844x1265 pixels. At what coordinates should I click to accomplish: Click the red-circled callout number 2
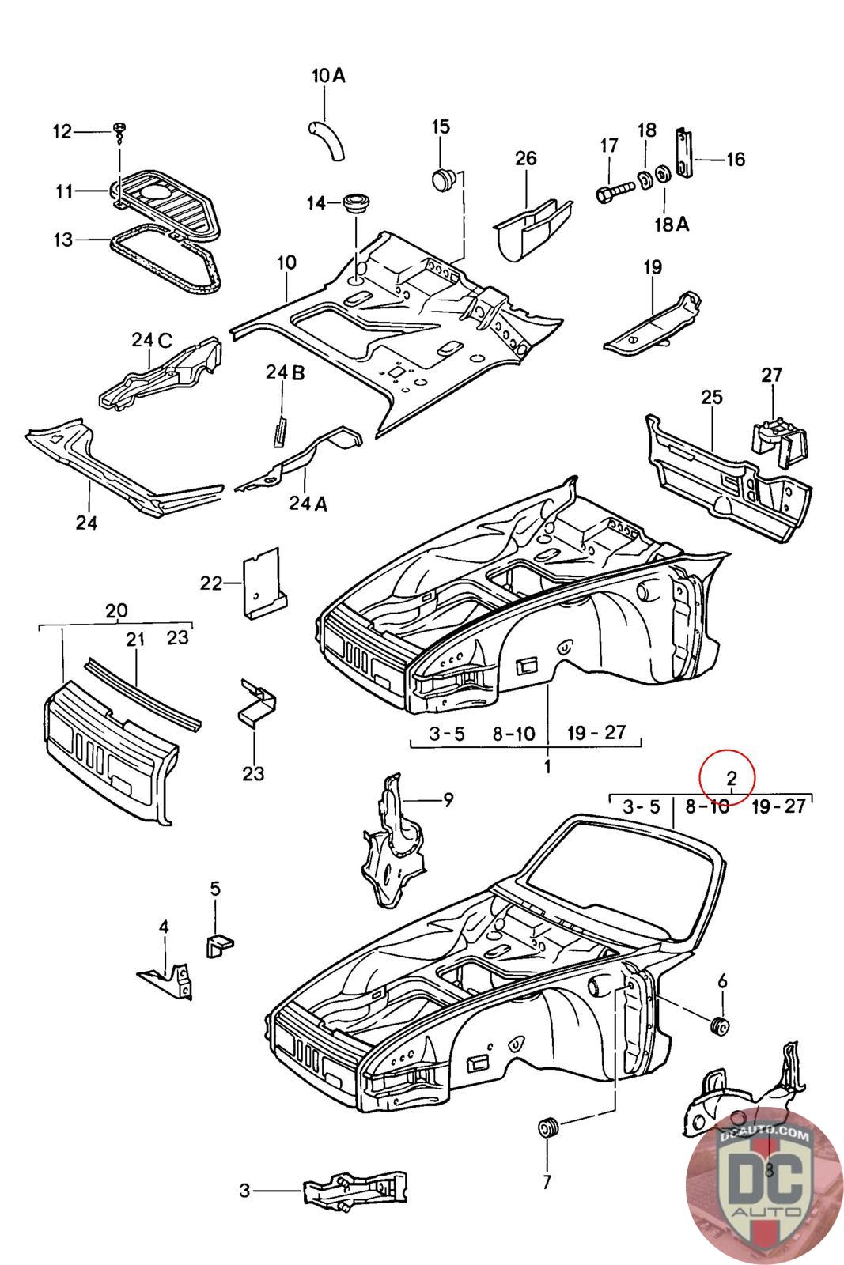pyautogui.click(x=732, y=779)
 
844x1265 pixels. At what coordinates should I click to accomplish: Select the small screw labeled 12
pyautogui.click(x=119, y=133)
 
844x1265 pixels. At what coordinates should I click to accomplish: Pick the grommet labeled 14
pyautogui.click(x=356, y=202)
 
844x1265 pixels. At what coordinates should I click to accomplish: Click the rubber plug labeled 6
pyautogui.click(x=719, y=1025)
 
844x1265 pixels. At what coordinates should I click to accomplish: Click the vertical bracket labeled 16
pyautogui.click(x=684, y=153)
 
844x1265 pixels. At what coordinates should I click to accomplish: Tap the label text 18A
pyautogui.click(x=672, y=225)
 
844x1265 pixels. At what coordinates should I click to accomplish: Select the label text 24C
pyautogui.click(x=152, y=340)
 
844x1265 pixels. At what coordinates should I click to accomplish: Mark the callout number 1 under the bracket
pyautogui.click(x=547, y=767)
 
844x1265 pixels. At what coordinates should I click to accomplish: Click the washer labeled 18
pyautogui.click(x=644, y=179)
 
